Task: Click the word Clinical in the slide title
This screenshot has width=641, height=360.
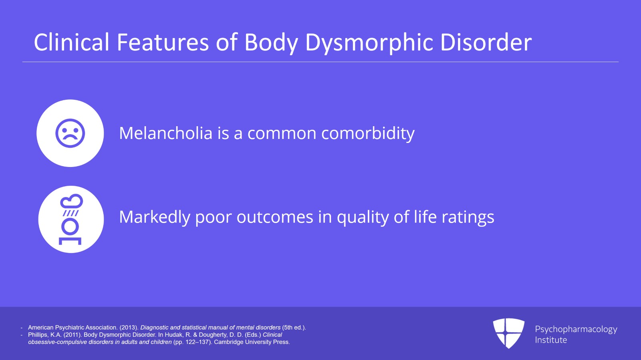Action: (x=71, y=42)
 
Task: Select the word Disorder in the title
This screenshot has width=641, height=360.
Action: (x=486, y=42)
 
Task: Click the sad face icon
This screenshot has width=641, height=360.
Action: (x=70, y=133)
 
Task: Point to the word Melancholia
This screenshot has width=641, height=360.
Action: (x=165, y=133)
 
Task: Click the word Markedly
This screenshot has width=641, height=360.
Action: (x=154, y=217)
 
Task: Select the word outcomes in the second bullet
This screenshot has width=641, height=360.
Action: (x=275, y=217)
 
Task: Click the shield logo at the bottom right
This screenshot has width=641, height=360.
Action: (x=508, y=333)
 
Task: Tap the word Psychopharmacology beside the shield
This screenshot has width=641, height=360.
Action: (x=576, y=329)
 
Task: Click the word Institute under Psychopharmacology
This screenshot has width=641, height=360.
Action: (x=551, y=340)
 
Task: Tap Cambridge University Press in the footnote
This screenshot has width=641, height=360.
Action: (x=252, y=342)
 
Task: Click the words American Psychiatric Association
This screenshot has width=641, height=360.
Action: (x=73, y=328)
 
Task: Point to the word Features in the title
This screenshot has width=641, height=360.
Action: (x=163, y=42)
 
